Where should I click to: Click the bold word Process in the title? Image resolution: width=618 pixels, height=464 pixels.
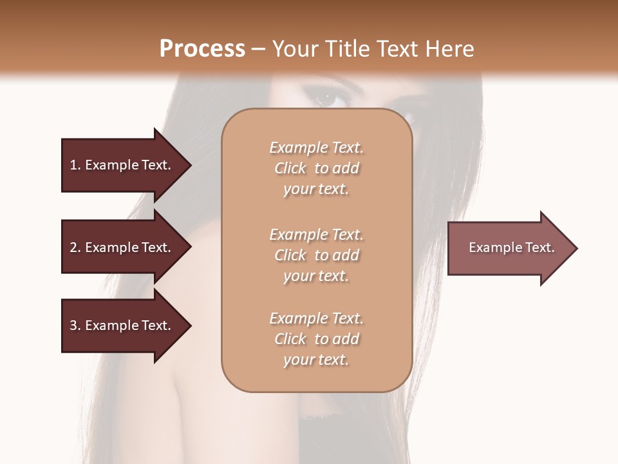tap(202, 49)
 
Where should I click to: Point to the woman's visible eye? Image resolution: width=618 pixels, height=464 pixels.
tap(326, 99)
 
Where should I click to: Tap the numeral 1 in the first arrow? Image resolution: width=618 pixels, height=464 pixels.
tap(73, 165)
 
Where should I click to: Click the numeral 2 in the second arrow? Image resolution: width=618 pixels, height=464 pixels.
tap(73, 247)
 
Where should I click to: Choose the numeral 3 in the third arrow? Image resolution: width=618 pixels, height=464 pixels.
tap(73, 325)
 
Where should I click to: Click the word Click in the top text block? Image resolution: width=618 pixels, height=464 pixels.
tap(290, 168)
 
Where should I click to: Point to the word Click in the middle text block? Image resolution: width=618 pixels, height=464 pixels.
tap(290, 255)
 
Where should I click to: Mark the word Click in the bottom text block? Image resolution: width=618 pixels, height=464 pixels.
tap(290, 339)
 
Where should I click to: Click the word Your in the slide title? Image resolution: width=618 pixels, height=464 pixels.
tap(292, 49)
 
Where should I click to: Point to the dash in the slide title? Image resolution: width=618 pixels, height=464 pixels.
tap(259, 49)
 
